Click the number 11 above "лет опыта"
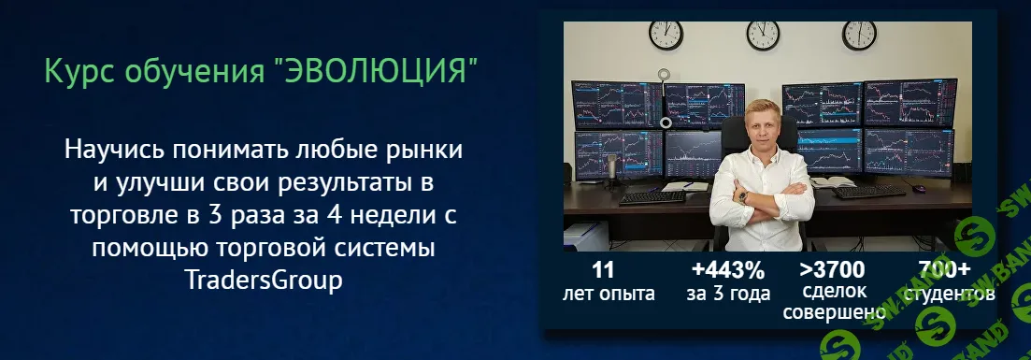[x=603, y=271]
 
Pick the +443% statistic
[x=727, y=271]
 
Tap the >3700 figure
[x=832, y=271]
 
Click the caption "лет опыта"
[x=609, y=294]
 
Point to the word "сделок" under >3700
[x=832, y=292]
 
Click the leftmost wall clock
[x=666, y=34]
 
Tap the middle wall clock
[x=763, y=34]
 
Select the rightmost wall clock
[x=859, y=34]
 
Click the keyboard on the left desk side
[x=652, y=196]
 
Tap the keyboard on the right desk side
[x=869, y=192]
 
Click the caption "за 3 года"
[x=727, y=294]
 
